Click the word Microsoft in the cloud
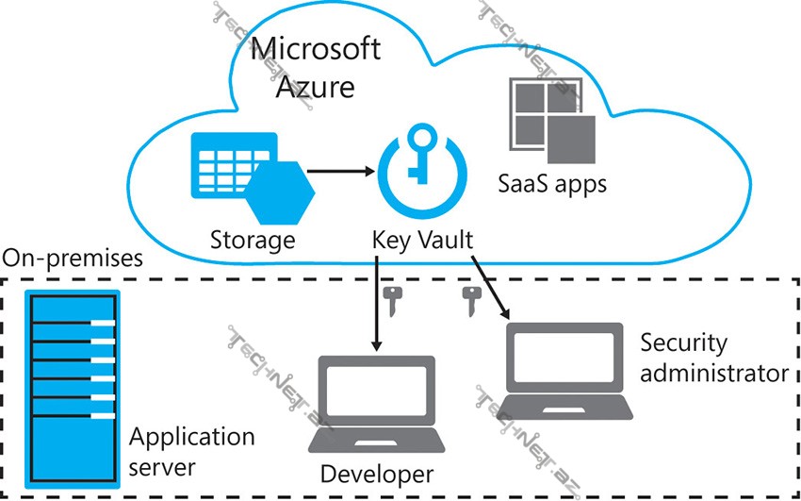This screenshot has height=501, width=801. click(x=318, y=49)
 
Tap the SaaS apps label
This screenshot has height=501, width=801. click(x=552, y=182)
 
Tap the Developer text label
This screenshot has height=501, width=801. click(x=377, y=473)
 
